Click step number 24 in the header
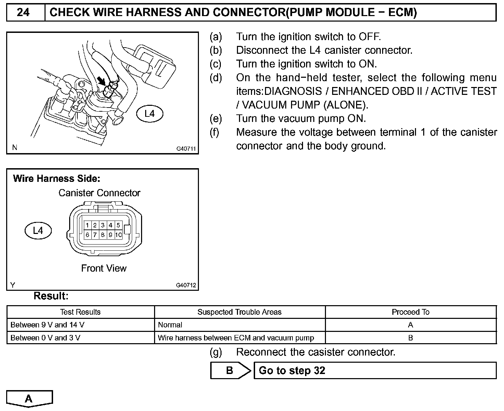pos(23,13)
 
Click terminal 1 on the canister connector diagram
pos(88,225)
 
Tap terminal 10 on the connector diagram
pos(118,235)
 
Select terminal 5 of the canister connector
pos(118,225)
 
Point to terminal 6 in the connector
pos(88,235)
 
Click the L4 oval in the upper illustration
pos(150,114)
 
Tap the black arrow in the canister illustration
pos(101,81)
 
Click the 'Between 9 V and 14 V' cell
pos(48,325)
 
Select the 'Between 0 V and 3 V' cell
pos(46,338)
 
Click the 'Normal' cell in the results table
pos(170,325)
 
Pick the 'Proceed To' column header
pos(411,312)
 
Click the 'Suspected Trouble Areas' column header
pos(239,312)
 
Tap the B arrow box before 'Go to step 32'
pos(230,370)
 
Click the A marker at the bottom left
pos(29,399)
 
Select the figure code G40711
pos(186,149)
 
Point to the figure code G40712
pos(186,285)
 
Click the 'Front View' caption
pos(104,268)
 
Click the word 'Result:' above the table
pos(51,296)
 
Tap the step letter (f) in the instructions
pos(215,132)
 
